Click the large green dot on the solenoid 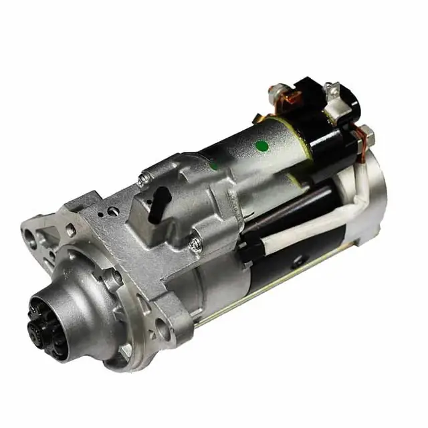(x=262, y=146)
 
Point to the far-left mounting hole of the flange (x=30, y=235)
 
